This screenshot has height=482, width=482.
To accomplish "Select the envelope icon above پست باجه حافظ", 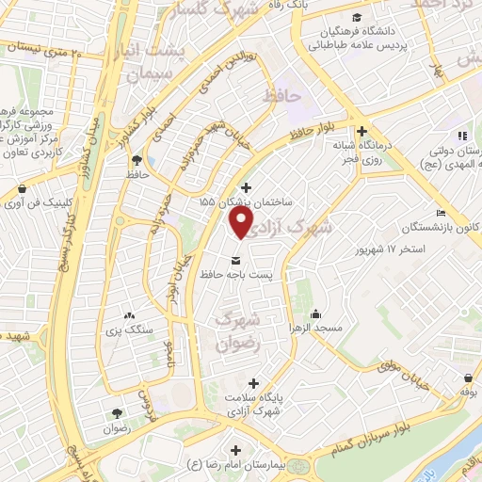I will [234, 259].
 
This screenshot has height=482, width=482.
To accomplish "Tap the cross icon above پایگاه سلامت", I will [252, 383].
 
